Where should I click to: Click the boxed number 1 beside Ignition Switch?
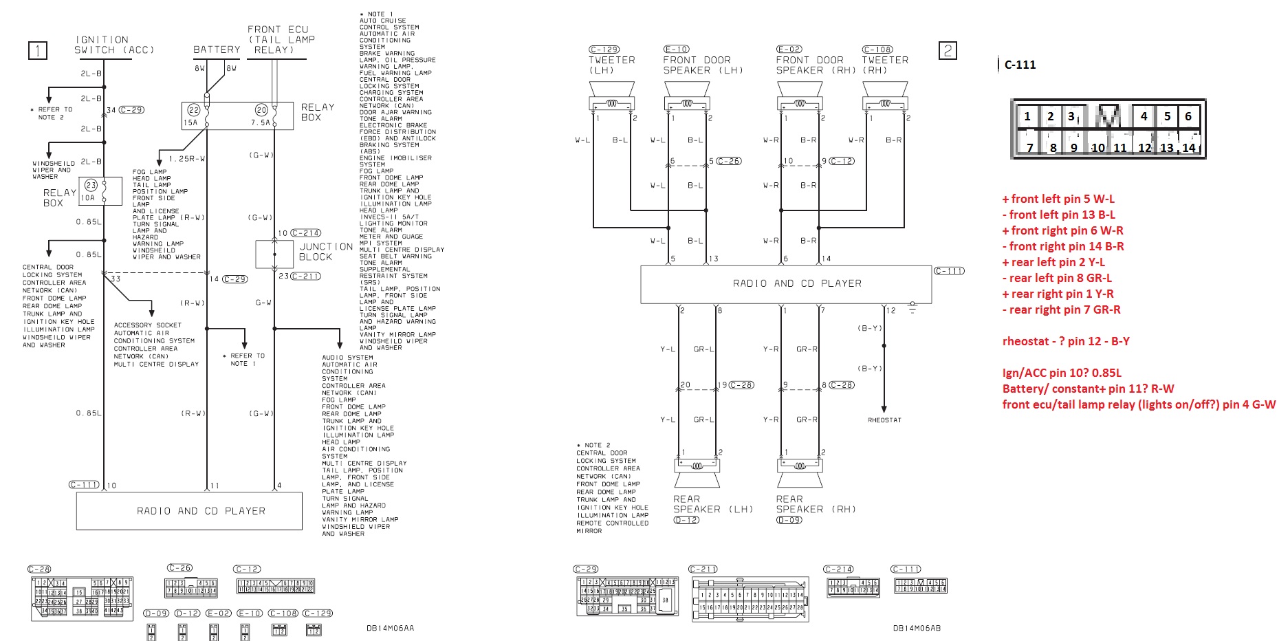37,50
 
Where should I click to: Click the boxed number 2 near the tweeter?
948,50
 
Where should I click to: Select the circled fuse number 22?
194,110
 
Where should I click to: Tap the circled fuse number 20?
261,110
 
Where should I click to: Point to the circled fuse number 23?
91,185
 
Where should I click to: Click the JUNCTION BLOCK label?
325,252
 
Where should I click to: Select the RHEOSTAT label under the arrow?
884,420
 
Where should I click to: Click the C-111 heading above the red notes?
1020,65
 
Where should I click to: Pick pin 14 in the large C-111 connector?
1188,147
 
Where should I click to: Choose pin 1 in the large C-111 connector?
1027,116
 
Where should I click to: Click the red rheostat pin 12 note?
1066,341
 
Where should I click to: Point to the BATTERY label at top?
217,50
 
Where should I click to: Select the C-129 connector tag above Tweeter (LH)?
604,50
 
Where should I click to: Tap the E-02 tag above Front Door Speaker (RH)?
789,50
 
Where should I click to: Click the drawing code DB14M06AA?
390,627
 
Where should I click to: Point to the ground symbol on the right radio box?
912,307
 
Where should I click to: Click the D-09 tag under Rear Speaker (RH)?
789,521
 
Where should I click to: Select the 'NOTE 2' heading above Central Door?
596,445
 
